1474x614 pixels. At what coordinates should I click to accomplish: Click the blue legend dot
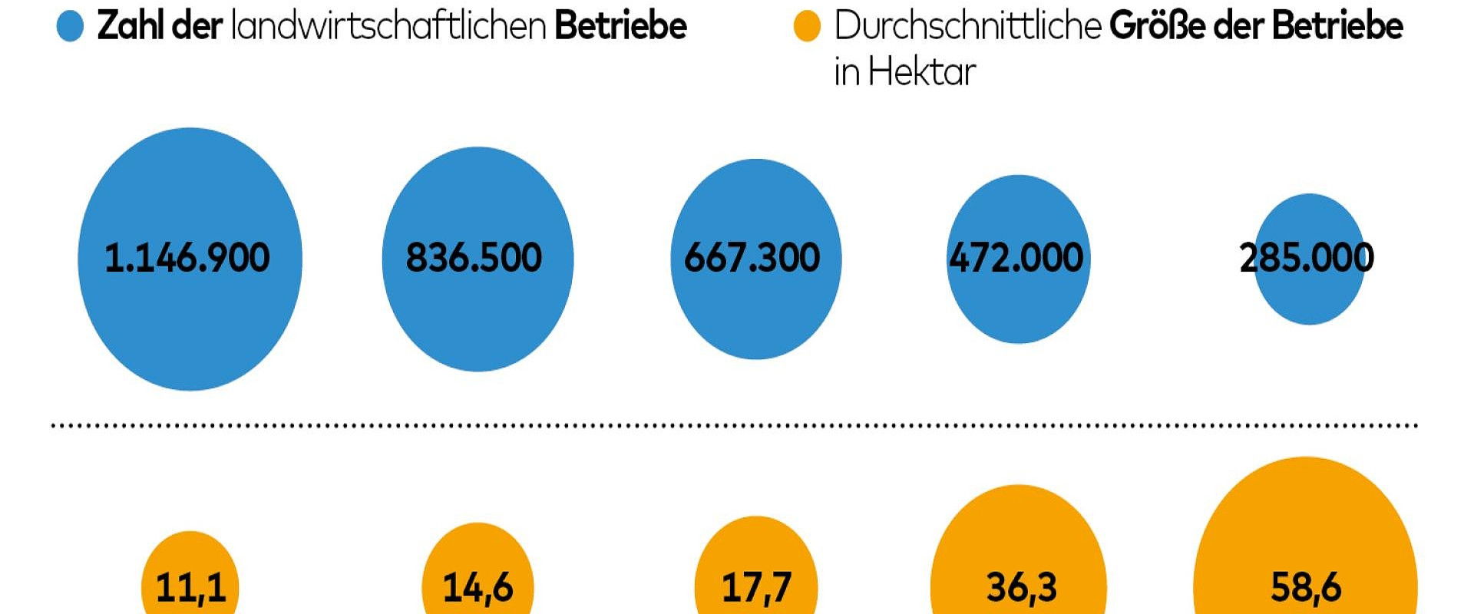click(x=70, y=28)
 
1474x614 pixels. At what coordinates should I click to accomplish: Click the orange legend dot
click(x=807, y=28)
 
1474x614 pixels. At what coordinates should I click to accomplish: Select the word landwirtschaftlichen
click(x=388, y=26)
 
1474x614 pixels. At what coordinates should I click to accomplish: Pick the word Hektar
click(x=923, y=73)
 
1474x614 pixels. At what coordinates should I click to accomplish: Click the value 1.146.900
click(x=187, y=258)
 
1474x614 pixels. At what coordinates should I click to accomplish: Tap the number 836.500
click(x=474, y=258)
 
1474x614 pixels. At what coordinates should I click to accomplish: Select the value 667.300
click(x=752, y=258)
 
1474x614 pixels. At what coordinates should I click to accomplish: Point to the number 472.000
click(x=1016, y=258)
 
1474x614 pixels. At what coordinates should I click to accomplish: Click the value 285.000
click(x=1307, y=258)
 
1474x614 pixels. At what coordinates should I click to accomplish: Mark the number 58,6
click(x=1306, y=587)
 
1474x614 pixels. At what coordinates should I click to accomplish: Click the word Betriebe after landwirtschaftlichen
click(x=620, y=26)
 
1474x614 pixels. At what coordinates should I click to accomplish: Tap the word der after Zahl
click(x=197, y=26)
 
